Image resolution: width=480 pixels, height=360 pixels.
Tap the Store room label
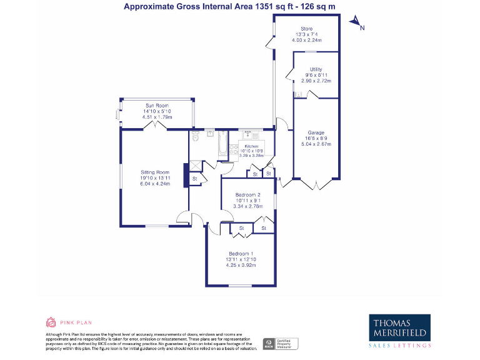point(306,29)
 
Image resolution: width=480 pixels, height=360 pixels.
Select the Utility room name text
point(316,69)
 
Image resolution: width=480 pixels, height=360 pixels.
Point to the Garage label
point(316,132)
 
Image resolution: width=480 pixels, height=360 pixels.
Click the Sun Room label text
point(157,106)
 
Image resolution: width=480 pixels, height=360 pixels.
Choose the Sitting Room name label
point(155,172)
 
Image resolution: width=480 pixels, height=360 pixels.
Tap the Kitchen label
point(251,146)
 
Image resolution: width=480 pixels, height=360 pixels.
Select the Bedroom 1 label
point(241,253)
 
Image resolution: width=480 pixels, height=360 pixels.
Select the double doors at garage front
point(316,184)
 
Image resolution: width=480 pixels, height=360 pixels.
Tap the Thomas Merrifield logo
point(400,329)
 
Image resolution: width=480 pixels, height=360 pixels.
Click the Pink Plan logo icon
point(51,322)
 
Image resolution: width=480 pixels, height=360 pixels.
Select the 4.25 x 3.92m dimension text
point(241,265)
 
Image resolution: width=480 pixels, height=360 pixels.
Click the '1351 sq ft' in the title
point(271,7)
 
